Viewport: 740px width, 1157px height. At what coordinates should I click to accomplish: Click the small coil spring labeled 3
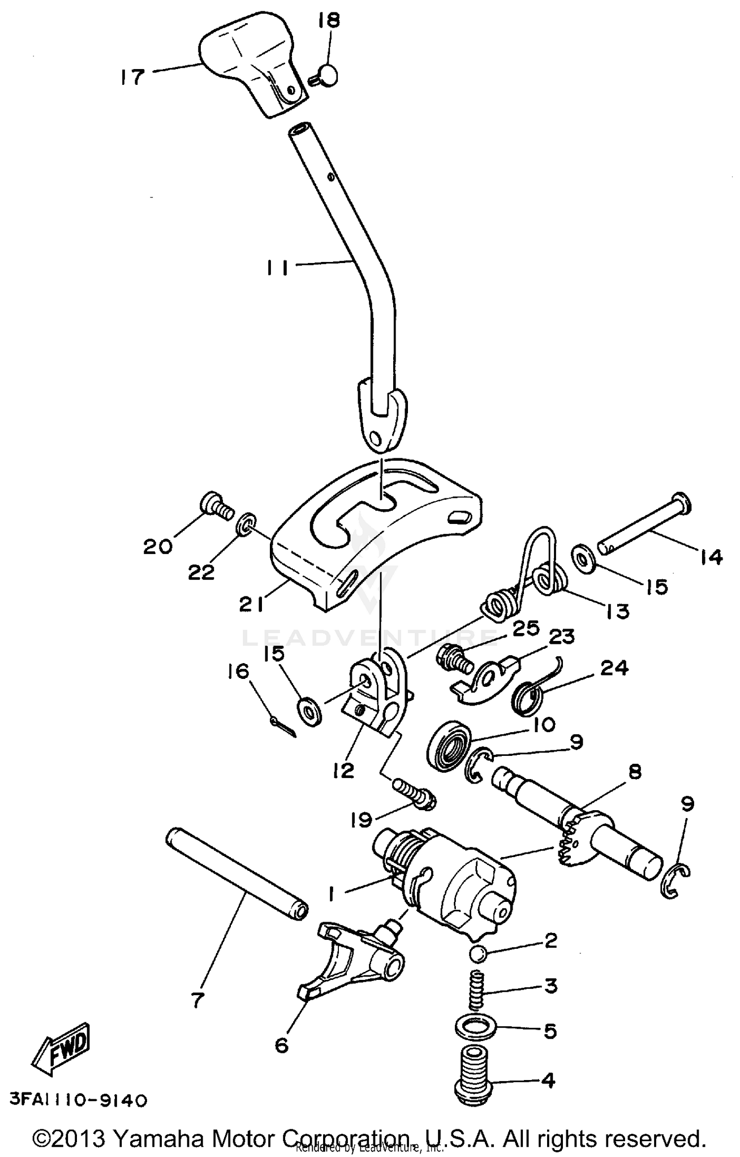point(477,989)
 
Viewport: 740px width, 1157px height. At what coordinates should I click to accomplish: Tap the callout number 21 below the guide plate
point(252,604)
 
